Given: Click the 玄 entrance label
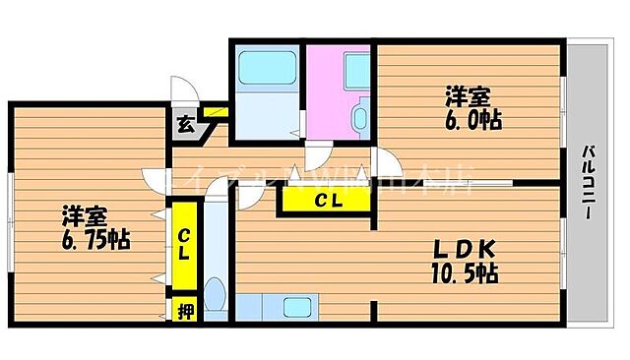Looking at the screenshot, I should (184, 124).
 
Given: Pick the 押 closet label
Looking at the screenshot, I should (183, 312).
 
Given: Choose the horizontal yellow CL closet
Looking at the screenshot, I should (328, 202).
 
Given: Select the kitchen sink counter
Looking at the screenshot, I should (295, 306).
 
